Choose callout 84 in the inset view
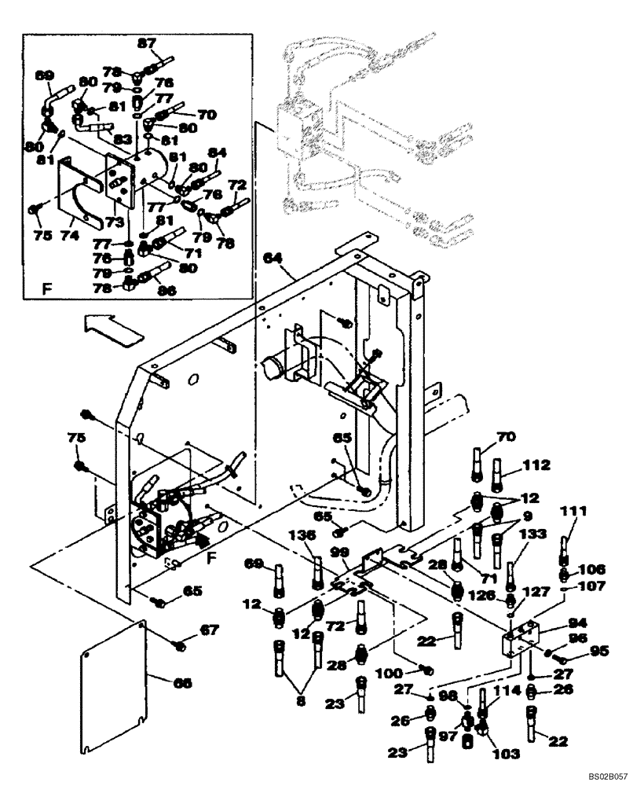tap(217, 152)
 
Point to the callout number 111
tap(573, 512)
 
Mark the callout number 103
tap(505, 753)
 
